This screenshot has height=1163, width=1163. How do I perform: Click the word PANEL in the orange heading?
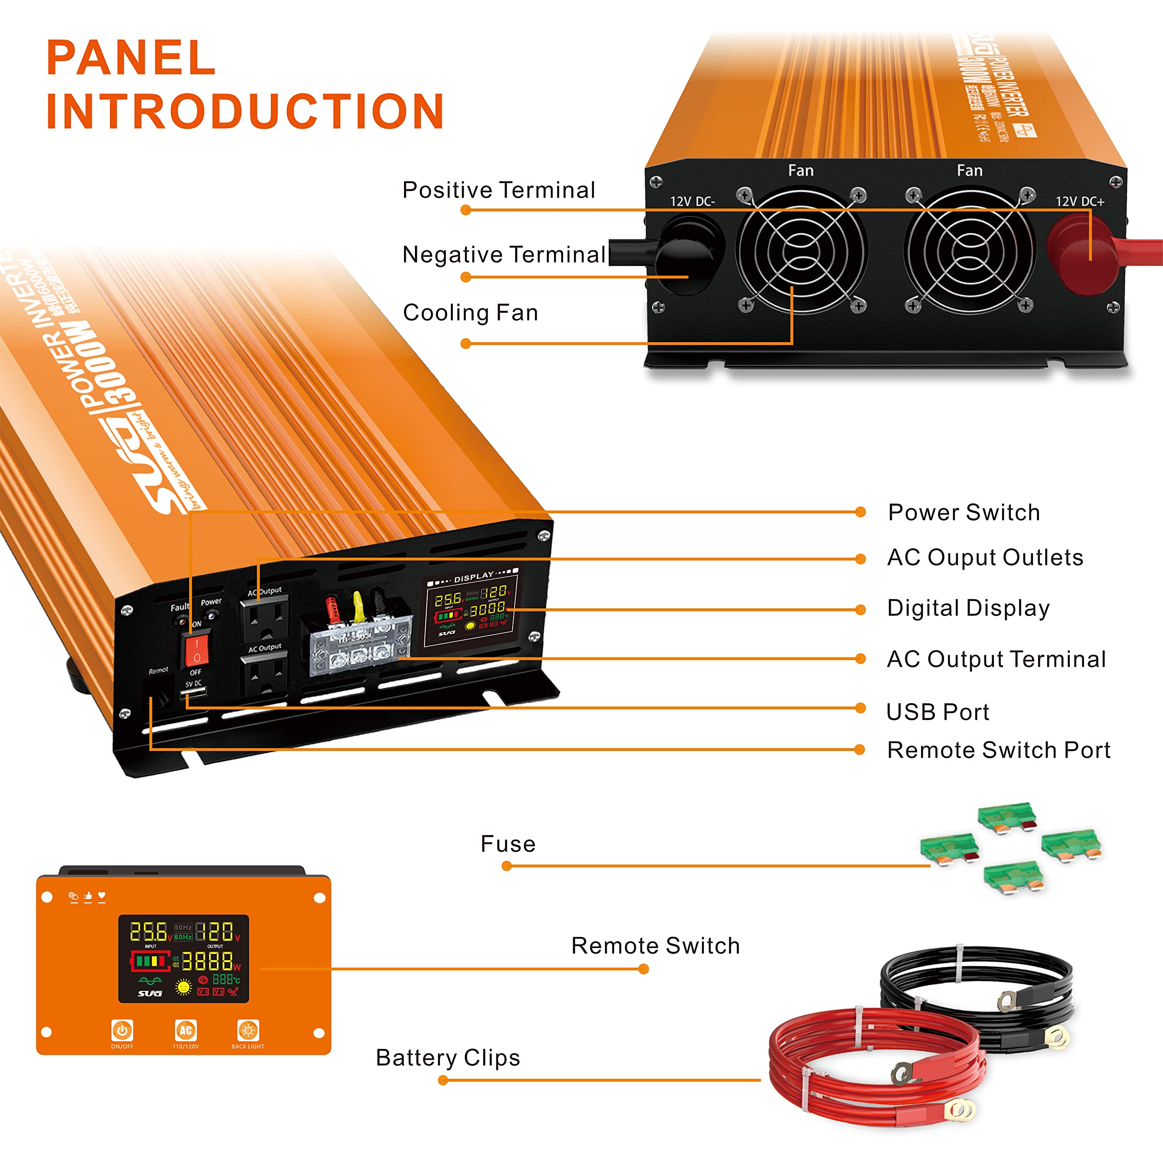coord(131,58)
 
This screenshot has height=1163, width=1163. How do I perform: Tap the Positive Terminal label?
coord(498,190)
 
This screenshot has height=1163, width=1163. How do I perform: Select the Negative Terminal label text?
coord(504,254)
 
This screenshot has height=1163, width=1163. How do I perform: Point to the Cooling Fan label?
coord(470,313)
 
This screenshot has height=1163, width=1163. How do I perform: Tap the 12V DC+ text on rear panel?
coord(1079,202)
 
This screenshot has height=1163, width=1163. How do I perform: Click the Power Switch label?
coord(963,512)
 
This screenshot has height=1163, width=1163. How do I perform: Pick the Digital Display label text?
coord(968,608)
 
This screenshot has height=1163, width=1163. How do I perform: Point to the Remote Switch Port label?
coord(998,750)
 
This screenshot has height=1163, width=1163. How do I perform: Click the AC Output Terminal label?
coord(996,659)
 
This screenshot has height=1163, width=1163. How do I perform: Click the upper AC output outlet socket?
coord(265,617)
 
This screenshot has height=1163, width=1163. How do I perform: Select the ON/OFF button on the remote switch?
coord(122,1030)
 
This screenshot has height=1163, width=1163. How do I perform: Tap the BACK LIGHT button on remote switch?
coord(248,1030)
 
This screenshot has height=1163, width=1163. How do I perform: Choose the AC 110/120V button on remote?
coord(185,1030)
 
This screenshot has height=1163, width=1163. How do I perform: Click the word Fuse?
coord(508,844)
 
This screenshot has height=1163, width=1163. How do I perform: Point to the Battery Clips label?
coord(448,1058)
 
